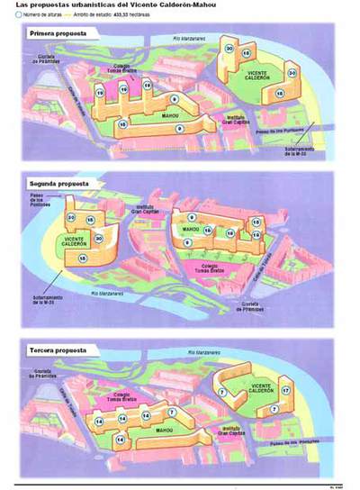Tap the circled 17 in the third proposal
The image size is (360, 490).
pyautogui.click(x=285, y=390)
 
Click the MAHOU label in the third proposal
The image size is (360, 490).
pyautogui.click(x=165, y=431)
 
